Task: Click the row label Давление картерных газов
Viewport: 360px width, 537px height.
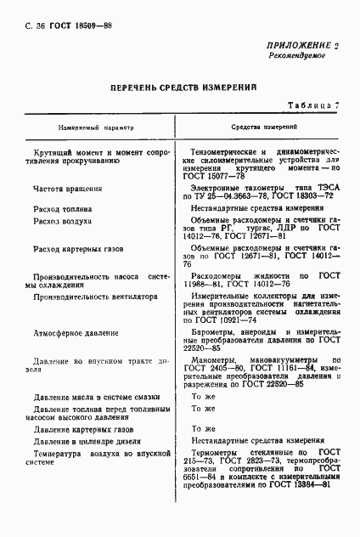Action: (76, 429)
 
